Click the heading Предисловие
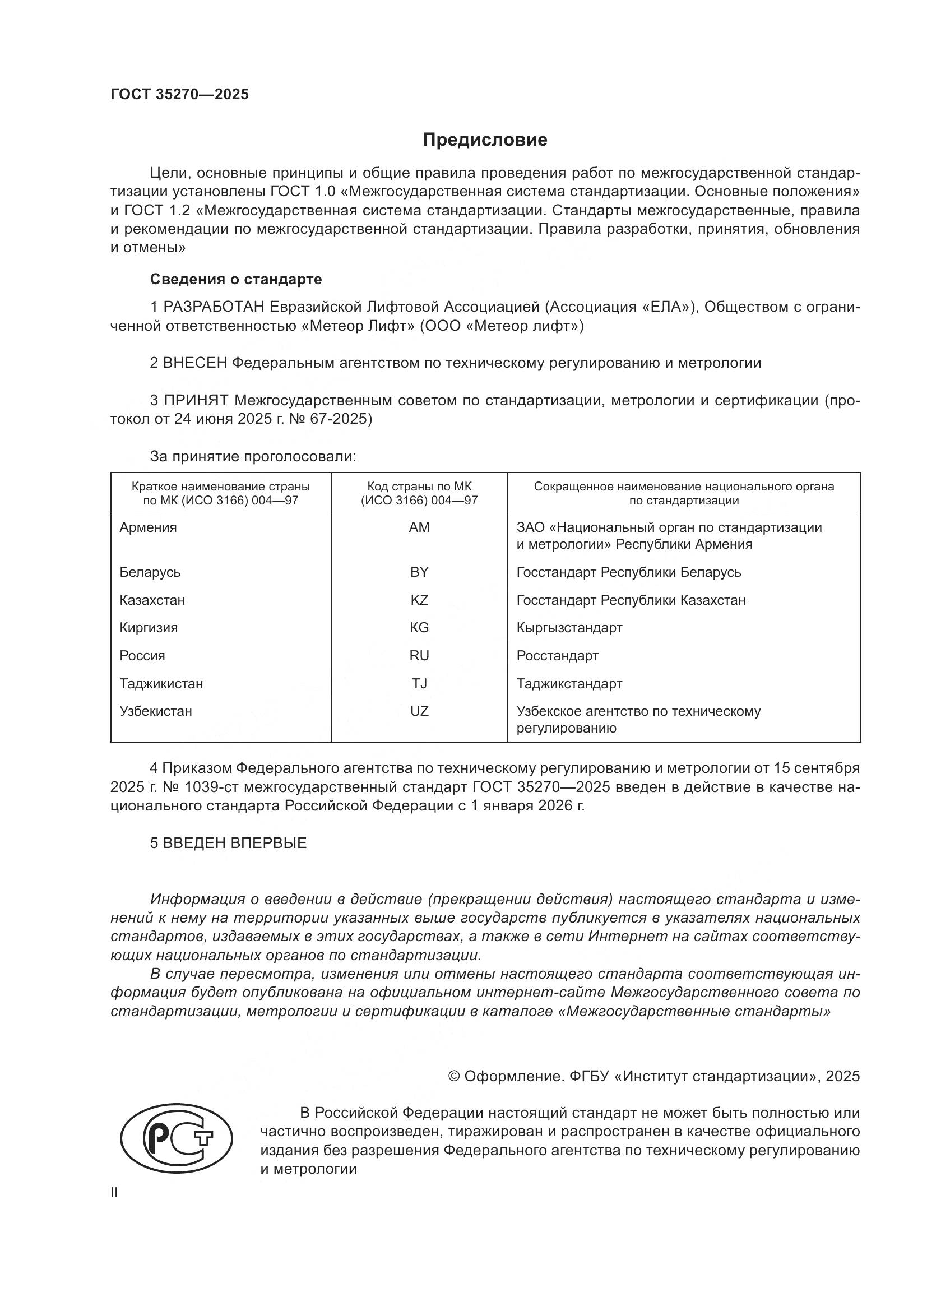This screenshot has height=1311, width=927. tap(485, 140)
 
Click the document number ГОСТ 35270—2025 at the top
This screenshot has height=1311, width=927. tap(180, 94)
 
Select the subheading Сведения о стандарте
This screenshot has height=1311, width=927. tap(236, 279)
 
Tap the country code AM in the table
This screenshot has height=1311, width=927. tap(419, 527)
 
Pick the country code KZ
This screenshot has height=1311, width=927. tap(419, 600)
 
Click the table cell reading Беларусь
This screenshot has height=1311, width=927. tap(150, 572)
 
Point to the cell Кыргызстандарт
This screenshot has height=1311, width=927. tap(569, 628)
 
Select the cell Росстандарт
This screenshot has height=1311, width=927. tap(557, 656)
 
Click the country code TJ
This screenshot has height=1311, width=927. tap(419, 683)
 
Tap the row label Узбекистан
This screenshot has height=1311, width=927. tap(156, 711)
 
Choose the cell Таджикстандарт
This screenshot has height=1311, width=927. tap(569, 683)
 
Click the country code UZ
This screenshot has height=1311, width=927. tap(419, 711)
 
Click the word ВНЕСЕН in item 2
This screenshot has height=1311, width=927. tap(195, 363)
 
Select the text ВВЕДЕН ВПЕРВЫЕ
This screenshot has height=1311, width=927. tap(235, 843)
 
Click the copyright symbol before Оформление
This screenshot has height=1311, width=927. tap(455, 1076)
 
